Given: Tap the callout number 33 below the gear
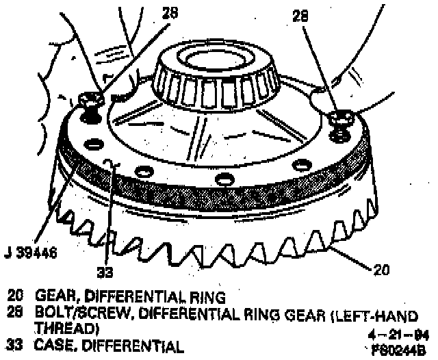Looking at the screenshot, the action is tap(104, 272).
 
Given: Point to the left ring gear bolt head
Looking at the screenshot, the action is tap(89, 101).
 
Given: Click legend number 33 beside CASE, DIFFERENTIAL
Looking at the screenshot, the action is tap(16, 346).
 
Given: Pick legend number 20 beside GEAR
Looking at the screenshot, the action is tap(16, 297).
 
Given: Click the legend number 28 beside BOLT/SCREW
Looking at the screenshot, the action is tap(16, 314).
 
